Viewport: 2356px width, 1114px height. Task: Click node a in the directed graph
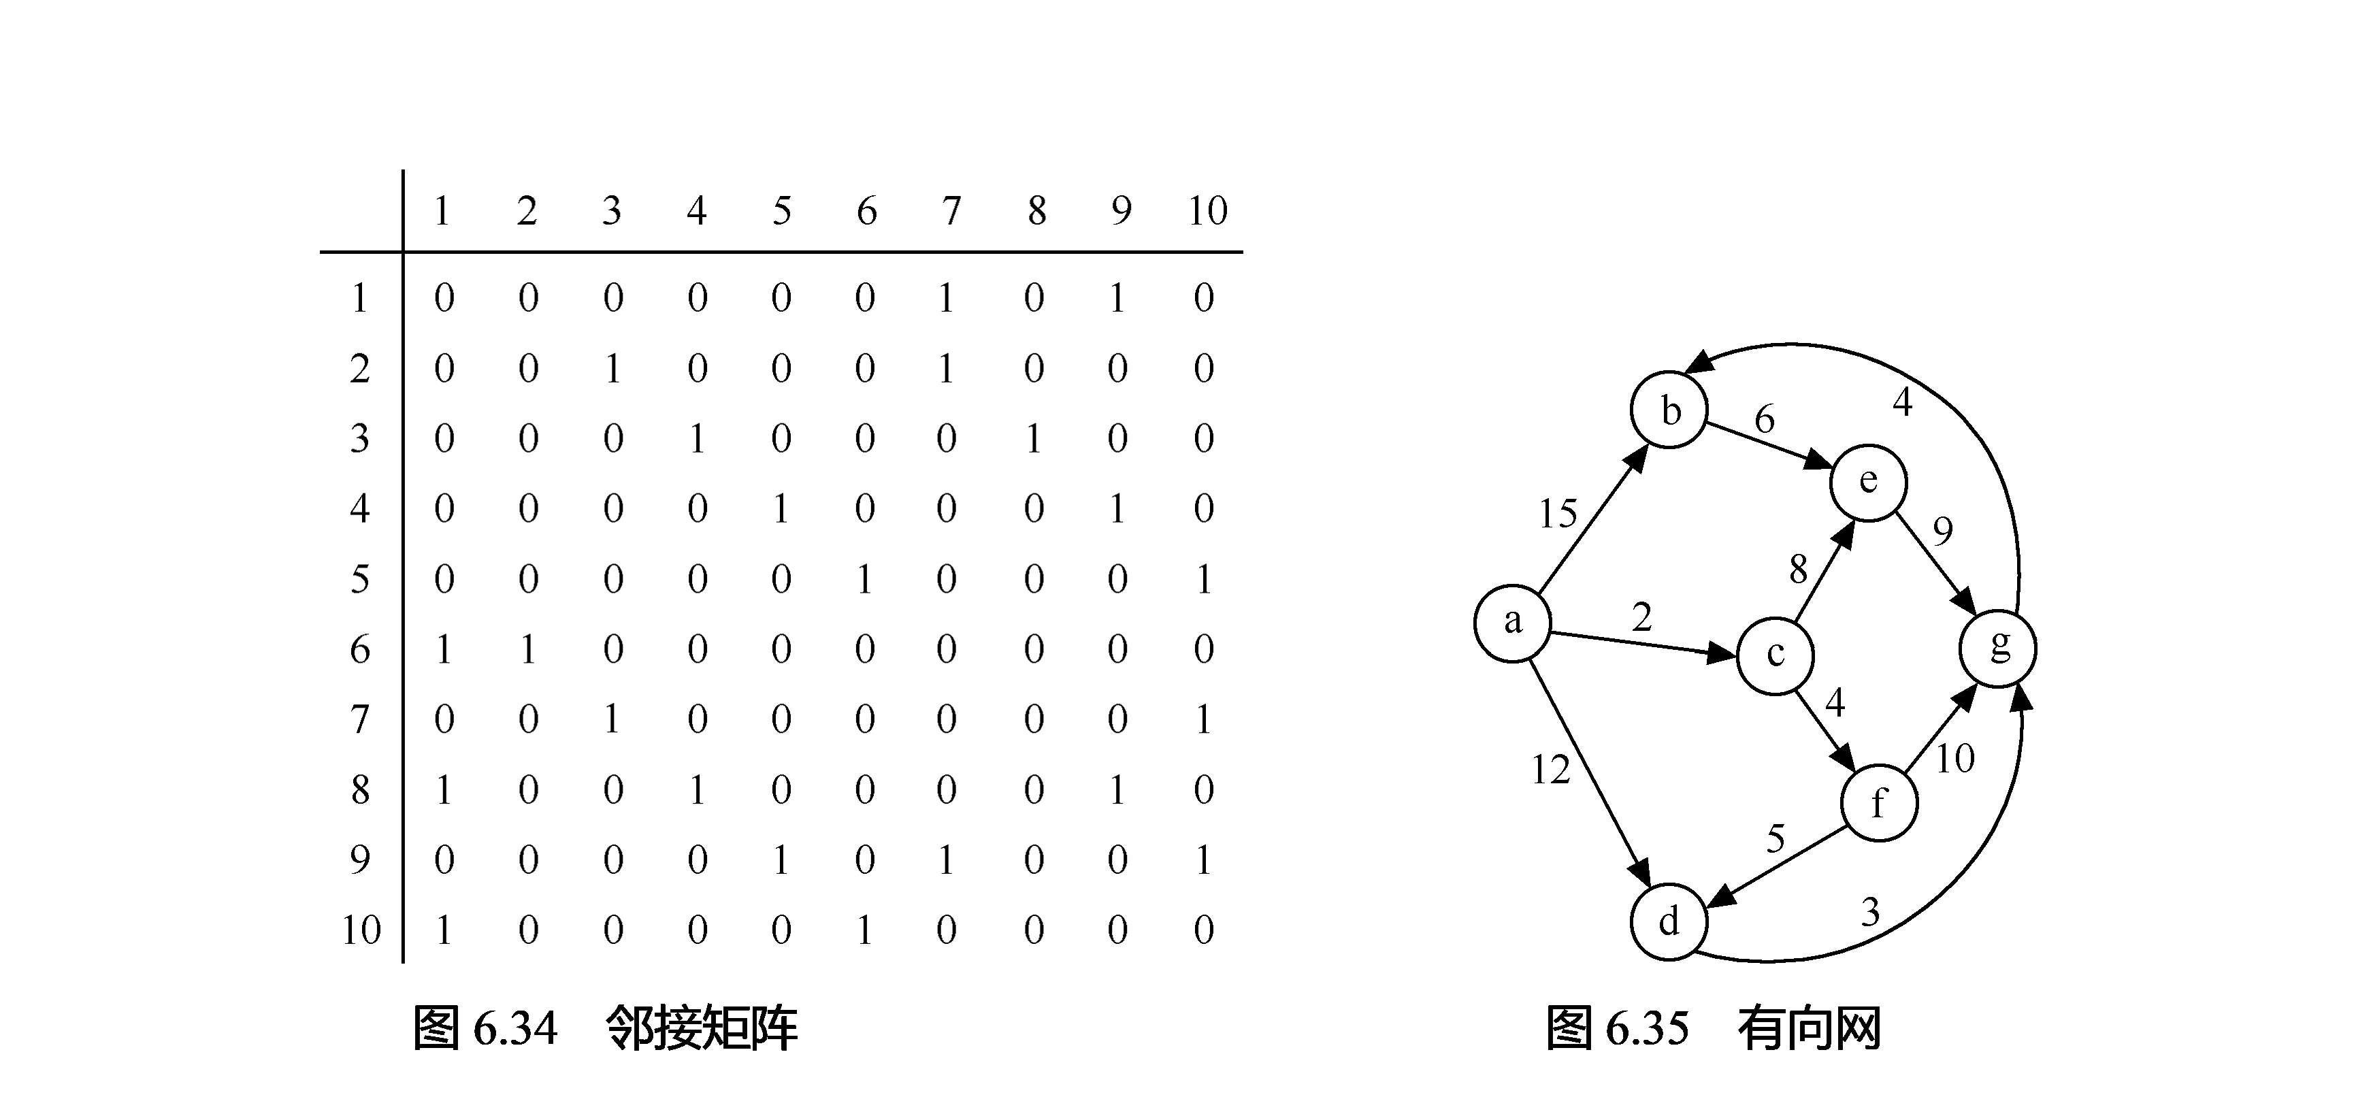1513,623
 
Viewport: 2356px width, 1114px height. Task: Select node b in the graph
1669,410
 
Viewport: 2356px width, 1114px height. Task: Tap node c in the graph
1776,655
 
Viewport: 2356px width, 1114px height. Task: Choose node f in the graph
1878,803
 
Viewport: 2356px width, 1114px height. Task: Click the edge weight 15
1558,514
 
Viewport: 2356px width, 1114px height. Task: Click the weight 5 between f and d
1776,838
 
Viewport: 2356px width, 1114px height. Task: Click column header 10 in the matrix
1207,211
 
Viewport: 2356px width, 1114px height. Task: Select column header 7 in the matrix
951,211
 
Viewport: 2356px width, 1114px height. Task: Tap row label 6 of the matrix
361,649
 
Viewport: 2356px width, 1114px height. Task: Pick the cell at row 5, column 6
864,579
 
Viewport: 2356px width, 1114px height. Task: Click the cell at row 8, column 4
697,790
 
